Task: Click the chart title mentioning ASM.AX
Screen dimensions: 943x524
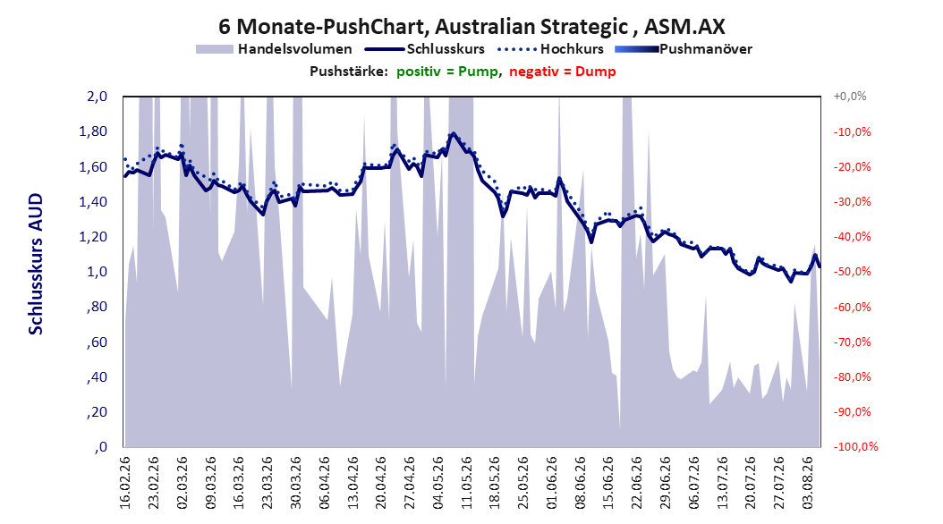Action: point(471,27)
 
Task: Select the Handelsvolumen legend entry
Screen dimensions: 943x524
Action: point(275,49)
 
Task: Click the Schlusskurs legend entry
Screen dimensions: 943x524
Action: point(425,49)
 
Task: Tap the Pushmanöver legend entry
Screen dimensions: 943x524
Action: point(684,49)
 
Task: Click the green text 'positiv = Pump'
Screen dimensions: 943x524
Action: point(447,72)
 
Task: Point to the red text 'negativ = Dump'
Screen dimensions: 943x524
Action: point(563,72)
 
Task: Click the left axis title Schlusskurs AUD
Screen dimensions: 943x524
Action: point(36,264)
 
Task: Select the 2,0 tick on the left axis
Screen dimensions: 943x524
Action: point(97,97)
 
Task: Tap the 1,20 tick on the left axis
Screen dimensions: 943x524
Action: point(93,237)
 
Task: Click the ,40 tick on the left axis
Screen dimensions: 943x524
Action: point(97,377)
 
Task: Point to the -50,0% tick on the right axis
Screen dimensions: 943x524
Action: point(852,272)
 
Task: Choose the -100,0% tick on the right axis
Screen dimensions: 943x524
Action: point(855,446)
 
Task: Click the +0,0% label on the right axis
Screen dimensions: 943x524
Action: point(850,97)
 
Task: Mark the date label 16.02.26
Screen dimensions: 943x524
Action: point(124,483)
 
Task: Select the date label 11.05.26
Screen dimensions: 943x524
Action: point(466,483)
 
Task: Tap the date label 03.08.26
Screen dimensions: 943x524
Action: point(807,483)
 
